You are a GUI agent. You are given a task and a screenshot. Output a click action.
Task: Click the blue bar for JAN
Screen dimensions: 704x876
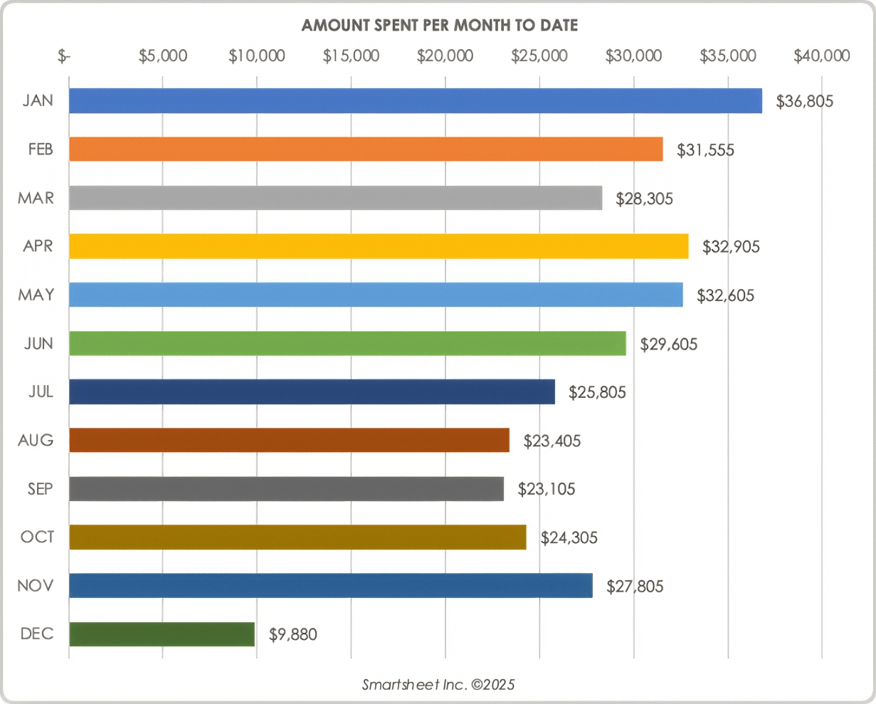[x=415, y=101]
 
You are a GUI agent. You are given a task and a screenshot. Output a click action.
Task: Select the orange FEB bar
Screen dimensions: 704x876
[x=366, y=149]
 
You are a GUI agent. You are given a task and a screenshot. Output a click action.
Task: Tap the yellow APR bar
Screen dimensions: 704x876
[x=379, y=246]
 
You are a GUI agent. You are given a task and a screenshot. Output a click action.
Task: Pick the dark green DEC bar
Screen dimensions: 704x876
[x=162, y=634]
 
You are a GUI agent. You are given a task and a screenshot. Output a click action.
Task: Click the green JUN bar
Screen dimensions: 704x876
[x=347, y=344]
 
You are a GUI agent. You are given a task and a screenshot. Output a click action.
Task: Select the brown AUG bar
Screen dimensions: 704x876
[x=289, y=441]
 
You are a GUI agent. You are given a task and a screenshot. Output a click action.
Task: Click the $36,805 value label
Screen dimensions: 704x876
[x=804, y=102]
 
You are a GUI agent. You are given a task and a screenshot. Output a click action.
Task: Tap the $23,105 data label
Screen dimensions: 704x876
[x=547, y=490]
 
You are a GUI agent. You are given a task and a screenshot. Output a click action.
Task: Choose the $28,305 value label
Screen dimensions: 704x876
[x=644, y=199]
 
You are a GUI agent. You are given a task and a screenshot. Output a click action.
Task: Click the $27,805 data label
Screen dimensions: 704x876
[x=635, y=587]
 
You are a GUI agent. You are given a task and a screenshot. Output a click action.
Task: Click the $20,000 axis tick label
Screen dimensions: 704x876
[x=445, y=56]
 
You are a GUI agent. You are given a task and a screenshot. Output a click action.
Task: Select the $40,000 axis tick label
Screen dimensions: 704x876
[x=821, y=56]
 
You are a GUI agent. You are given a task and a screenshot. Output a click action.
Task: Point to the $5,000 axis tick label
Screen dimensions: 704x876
[x=162, y=56]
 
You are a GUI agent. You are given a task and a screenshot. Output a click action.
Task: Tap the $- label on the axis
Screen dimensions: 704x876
[x=64, y=56]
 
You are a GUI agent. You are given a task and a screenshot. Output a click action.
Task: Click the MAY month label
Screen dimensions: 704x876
[x=36, y=295]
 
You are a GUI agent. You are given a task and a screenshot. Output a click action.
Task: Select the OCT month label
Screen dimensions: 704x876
[x=37, y=537]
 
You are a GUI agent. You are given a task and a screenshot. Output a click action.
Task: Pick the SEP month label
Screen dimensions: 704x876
[x=40, y=489]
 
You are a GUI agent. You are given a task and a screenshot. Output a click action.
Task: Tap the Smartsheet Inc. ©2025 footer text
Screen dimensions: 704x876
[x=438, y=685]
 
